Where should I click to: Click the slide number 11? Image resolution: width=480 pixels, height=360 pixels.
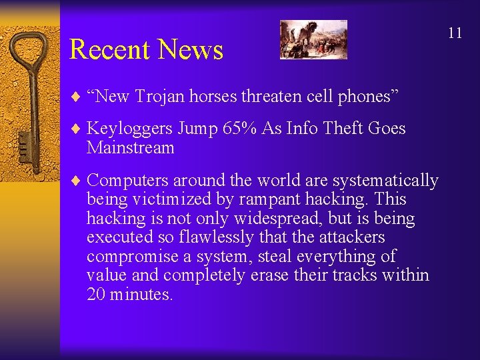point(455,33)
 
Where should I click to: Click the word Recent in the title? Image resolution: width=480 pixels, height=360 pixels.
point(109,50)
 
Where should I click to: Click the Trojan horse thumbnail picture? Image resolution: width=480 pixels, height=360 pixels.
point(313,39)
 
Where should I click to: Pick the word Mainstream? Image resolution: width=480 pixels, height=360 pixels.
point(130,147)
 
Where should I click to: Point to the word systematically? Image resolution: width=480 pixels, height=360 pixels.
point(385,181)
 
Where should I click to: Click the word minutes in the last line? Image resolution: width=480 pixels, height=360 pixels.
point(143,294)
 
